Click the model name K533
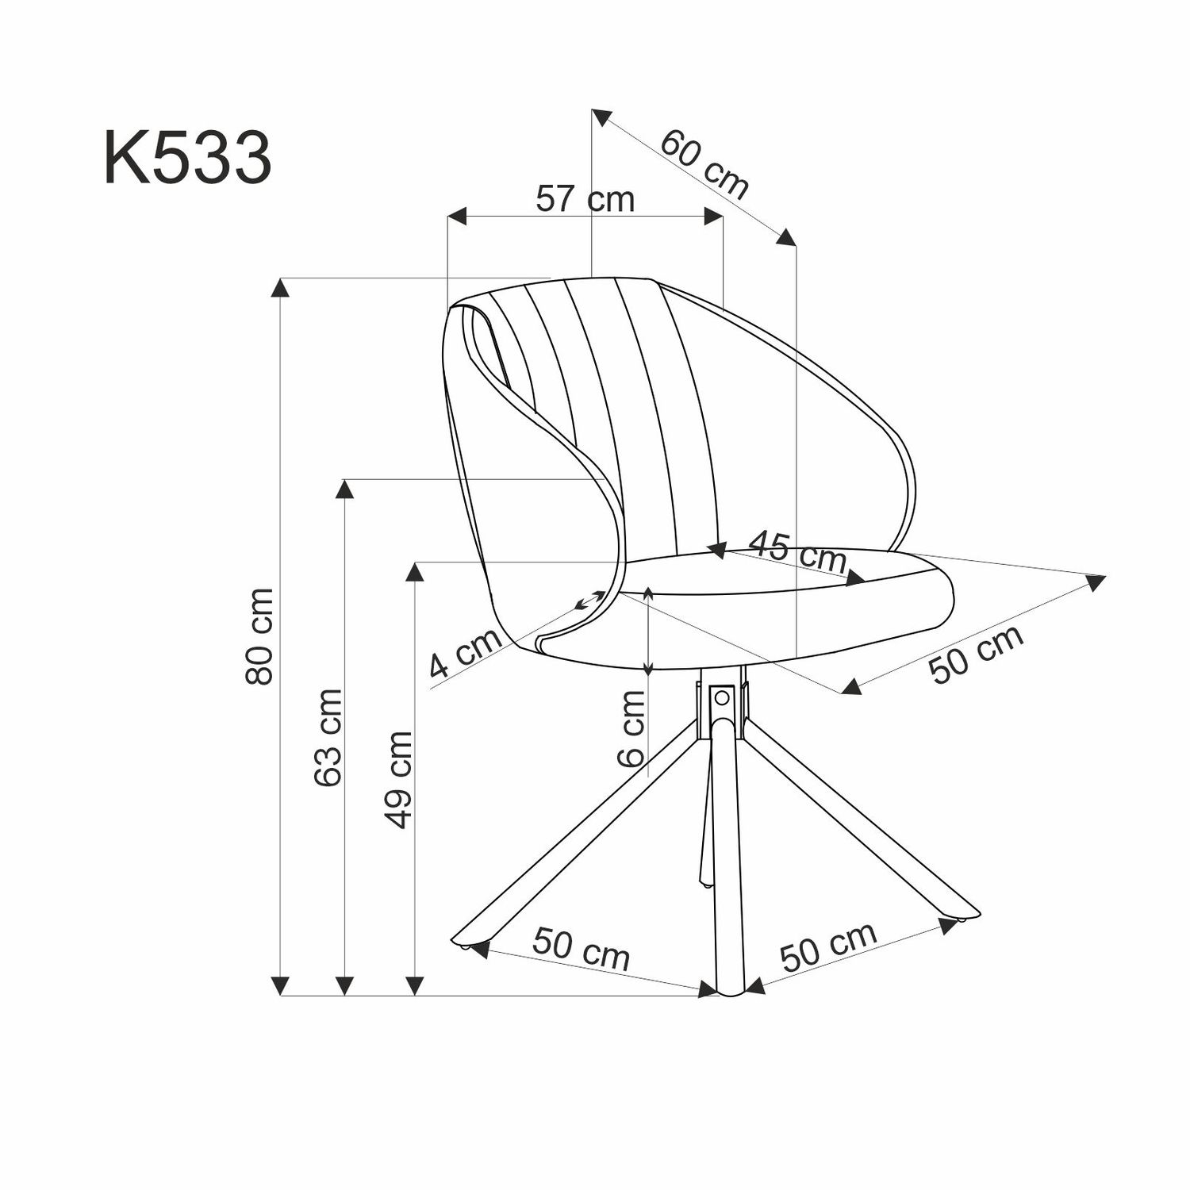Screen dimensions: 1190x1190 188,159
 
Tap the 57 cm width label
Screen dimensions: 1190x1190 585,198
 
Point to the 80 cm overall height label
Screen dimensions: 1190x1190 260,636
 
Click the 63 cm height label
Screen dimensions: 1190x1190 328,738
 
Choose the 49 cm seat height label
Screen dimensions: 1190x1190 398,780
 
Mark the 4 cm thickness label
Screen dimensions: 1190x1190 465,654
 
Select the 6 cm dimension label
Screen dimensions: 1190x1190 632,727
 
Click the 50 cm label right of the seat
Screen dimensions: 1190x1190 975,654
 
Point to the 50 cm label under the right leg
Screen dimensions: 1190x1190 828,946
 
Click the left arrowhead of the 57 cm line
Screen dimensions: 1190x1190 457,217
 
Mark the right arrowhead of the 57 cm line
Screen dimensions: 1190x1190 713,217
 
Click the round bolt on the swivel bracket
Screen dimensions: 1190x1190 721,697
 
